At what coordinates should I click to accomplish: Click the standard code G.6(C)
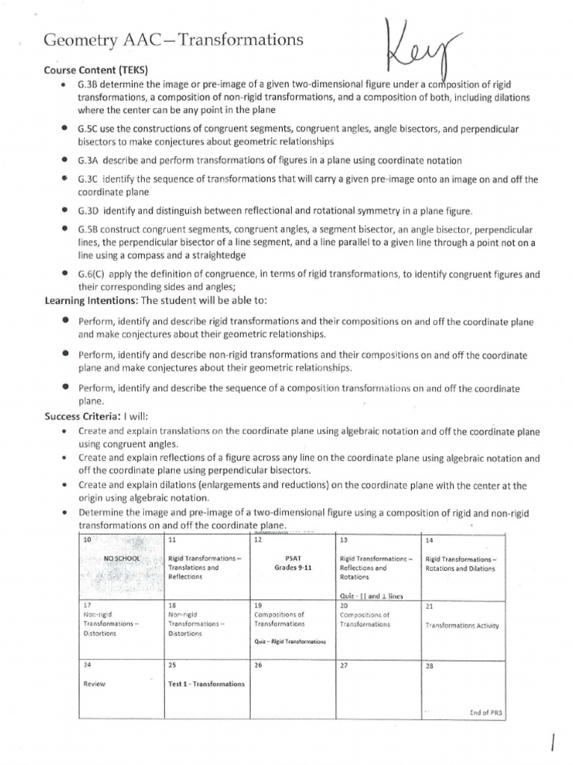point(92,274)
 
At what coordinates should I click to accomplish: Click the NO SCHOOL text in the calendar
point(121,558)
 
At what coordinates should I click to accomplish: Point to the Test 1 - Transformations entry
point(207,683)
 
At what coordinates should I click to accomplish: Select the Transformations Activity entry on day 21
point(462,625)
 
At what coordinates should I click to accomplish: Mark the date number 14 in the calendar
point(429,539)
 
